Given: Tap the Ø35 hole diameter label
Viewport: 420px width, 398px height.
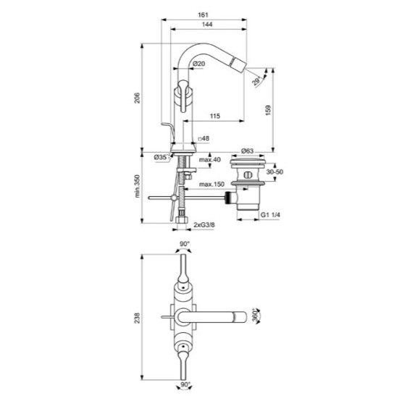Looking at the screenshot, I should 161,156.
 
